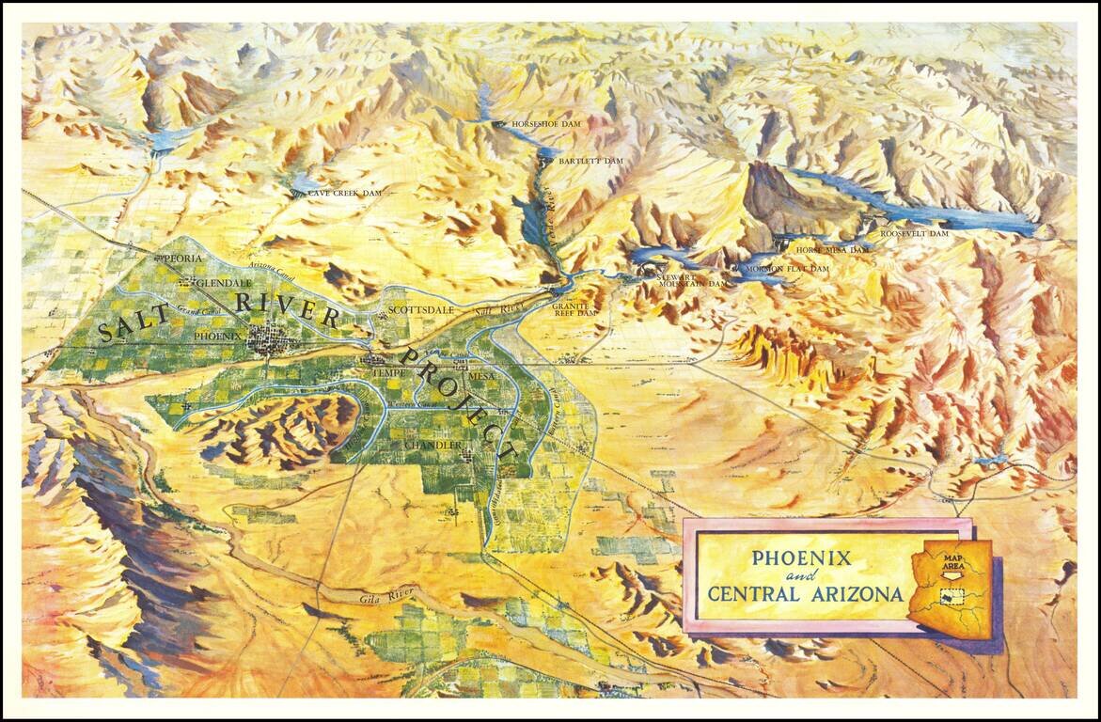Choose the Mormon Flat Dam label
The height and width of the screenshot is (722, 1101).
[x=786, y=269]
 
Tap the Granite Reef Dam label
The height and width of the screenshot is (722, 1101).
[x=574, y=309]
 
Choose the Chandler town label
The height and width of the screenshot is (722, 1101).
[x=432, y=444]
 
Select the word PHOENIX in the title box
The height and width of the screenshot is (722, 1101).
[x=801, y=557]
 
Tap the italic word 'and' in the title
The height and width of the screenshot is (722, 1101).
[x=800, y=576]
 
